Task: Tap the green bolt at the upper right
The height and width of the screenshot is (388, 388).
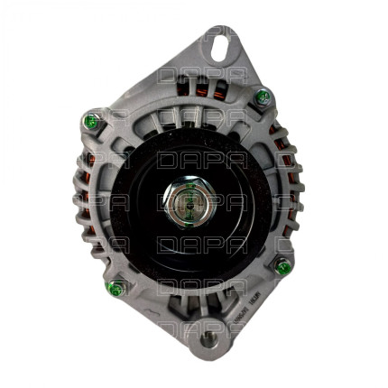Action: (263, 97)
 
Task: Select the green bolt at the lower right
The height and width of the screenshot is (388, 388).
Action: (282, 266)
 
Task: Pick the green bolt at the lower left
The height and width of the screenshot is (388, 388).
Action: (115, 289)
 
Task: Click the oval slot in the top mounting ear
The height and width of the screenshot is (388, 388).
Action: (221, 42)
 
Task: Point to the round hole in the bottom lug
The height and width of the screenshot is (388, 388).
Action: (209, 339)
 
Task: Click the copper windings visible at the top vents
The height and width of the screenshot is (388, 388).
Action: (194, 88)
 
